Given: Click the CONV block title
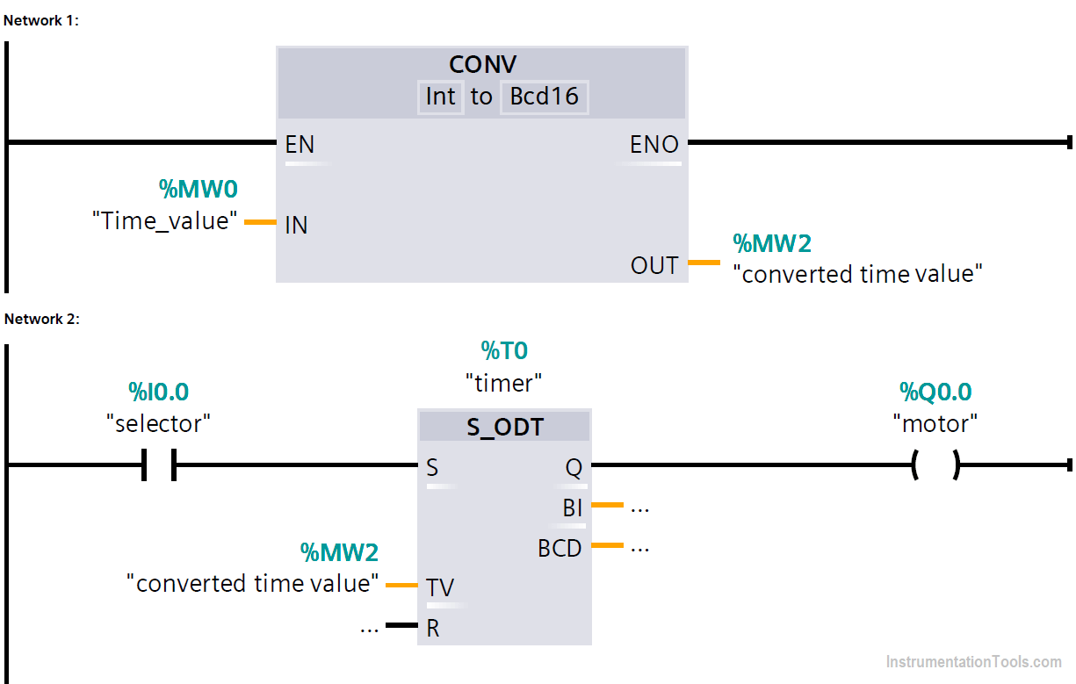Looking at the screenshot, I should (481, 65).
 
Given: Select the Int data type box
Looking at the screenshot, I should (440, 97).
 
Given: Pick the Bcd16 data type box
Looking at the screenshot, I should (544, 97).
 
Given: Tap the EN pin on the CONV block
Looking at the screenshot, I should (300, 145).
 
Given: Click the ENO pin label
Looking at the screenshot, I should (654, 145).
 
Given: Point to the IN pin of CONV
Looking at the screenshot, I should (296, 225).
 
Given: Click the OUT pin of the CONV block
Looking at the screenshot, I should (654, 265).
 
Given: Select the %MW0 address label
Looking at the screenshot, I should (199, 188).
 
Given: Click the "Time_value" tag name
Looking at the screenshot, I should (165, 220).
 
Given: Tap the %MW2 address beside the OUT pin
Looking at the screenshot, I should (772, 243).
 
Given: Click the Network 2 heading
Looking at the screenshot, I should (41, 319).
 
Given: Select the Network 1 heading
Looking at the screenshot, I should (41, 20).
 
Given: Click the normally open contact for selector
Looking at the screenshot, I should (159, 465).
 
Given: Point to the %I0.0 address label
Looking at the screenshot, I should (159, 392).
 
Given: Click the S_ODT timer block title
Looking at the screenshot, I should (505, 428).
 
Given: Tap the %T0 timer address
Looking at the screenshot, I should (504, 351).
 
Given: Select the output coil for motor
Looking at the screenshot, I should (935, 465).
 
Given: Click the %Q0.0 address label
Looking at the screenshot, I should (935, 392).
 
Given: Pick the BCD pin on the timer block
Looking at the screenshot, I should (560, 548).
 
